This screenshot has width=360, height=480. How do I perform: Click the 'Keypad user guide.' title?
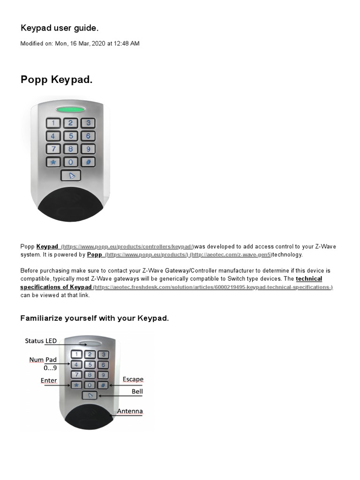click(60, 28)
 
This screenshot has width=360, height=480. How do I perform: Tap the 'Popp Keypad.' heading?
click(56, 80)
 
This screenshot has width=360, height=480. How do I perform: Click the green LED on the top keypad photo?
click(71, 110)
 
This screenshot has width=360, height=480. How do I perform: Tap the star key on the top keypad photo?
click(53, 162)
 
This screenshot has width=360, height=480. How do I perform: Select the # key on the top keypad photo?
click(88, 162)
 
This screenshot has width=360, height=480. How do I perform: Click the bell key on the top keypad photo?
click(71, 176)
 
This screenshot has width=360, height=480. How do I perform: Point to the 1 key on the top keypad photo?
click(53, 123)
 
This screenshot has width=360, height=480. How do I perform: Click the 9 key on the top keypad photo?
click(88, 149)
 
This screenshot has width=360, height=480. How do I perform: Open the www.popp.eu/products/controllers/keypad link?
click(127, 247)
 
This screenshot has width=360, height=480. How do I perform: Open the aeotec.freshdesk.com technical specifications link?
click(213, 287)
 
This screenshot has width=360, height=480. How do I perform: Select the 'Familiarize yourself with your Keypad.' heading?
click(94, 318)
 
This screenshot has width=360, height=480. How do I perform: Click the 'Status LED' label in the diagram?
click(41, 341)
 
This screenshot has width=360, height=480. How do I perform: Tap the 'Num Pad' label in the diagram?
click(43, 360)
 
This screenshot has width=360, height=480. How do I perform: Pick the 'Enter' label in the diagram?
click(49, 381)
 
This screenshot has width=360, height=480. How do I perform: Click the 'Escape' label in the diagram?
click(133, 379)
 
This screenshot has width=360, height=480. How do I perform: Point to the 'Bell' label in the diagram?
click(137, 391)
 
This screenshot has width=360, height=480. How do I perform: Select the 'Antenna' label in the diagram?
click(130, 412)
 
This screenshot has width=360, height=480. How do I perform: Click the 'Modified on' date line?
click(80, 44)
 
